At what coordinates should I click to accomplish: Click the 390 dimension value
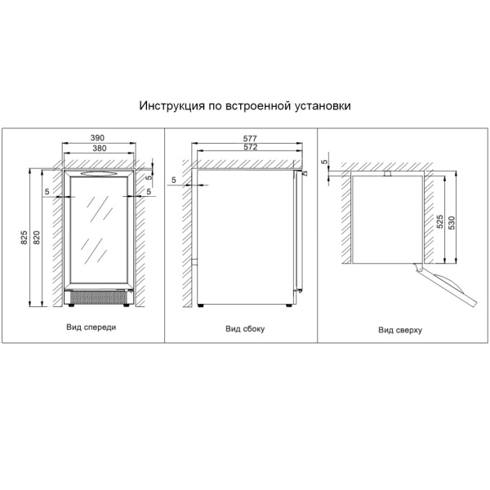(x=97, y=137)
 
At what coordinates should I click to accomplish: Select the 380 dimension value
(x=100, y=148)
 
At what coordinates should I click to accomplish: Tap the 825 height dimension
(x=24, y=237)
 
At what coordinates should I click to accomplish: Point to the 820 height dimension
(x=37, y=237)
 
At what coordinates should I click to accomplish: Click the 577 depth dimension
(x=250, y=138)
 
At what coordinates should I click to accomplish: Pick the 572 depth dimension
(x=251, y=146)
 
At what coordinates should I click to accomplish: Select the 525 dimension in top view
(x=439, y=221)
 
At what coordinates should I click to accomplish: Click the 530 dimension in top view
(x=452, y=223)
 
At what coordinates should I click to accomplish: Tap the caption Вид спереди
(x=91, y=327)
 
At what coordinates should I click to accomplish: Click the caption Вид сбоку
(x=245, y=329)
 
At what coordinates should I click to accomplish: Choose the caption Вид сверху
(x=400, y=330)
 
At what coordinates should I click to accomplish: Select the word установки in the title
(x=323, y=106)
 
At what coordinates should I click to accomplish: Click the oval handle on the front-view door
(x=99, y=173)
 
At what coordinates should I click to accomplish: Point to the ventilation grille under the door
(x=97, y=297)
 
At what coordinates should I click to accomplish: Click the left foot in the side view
(x=201, y=305)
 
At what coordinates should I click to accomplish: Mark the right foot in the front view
(x=127, y=305)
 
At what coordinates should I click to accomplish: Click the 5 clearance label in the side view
(x=174, y=180)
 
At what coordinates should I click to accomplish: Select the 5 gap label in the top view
(x=325, y=162)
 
